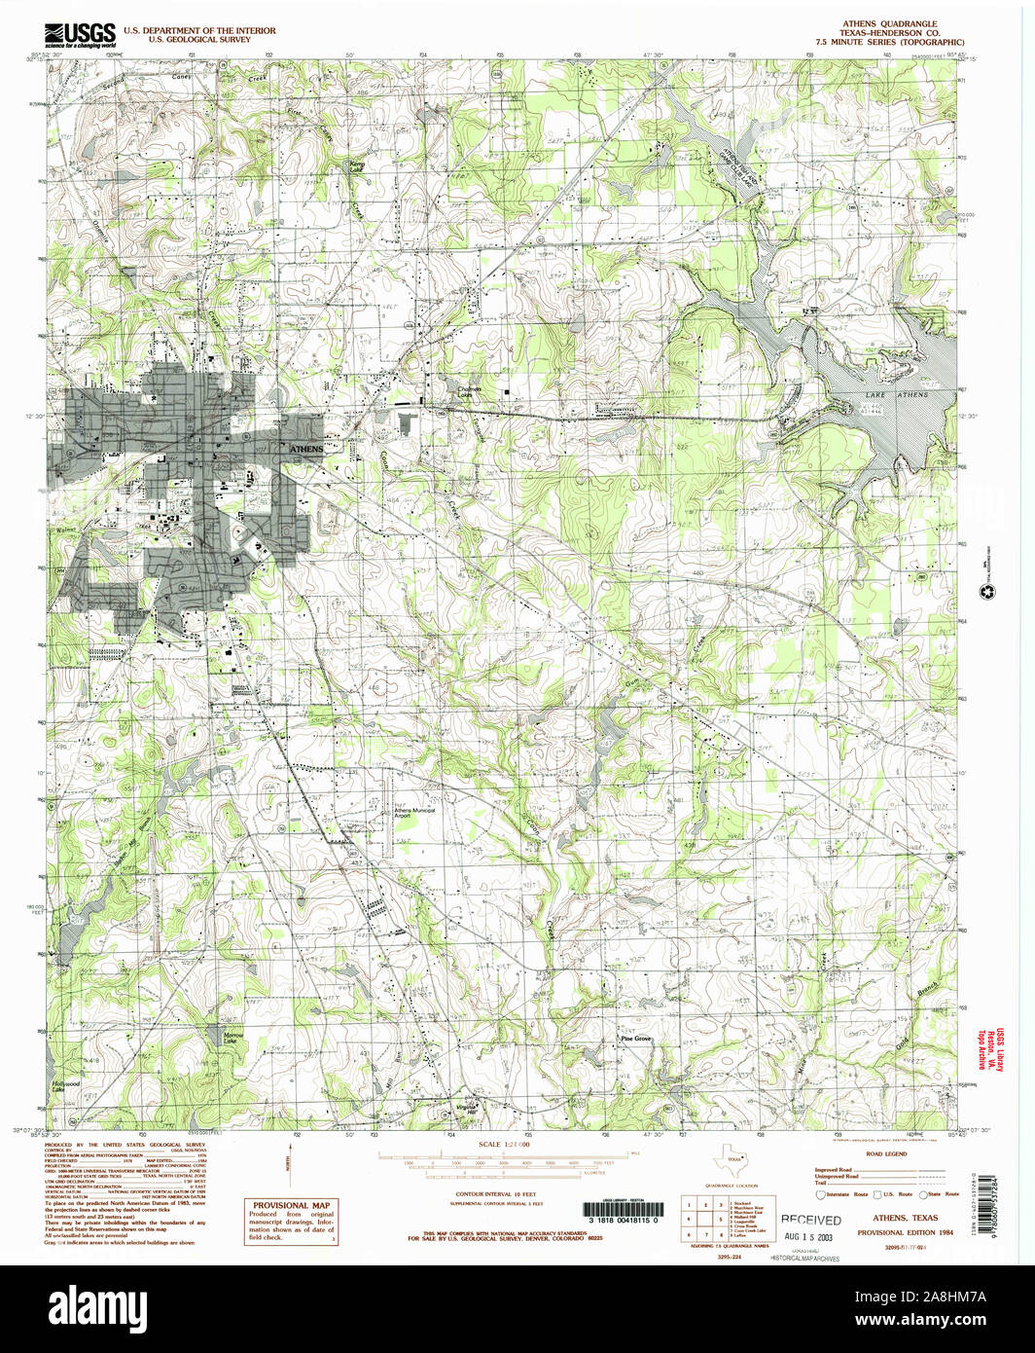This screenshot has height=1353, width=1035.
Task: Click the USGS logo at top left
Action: click(81, 33)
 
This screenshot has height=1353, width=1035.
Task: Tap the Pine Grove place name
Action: click(637, 1039)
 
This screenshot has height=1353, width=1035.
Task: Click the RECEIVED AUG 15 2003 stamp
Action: click(811, 1226)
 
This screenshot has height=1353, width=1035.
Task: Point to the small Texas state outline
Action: click(729, 1159)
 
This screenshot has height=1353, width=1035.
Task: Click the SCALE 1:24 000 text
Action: click(504, 1145)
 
